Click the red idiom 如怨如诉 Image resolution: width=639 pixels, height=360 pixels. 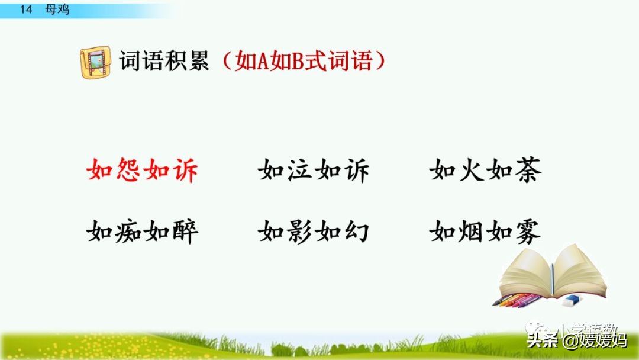(x=142, y=171)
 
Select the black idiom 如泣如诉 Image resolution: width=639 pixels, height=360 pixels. (x=314, y=171)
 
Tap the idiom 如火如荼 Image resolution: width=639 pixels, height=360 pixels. (x=485, y=171)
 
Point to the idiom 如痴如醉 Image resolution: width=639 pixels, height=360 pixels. (x=142, y=231)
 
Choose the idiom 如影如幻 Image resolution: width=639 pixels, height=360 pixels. (x=314, y=231)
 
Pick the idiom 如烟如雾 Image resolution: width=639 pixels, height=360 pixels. (x=485, y=231)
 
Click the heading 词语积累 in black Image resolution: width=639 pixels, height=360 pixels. (x=164, y=61)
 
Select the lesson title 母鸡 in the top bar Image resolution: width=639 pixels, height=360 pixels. (x=57, y=9)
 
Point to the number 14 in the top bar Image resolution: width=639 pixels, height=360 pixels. (x=25, y=9)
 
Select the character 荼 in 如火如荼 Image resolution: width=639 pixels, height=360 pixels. (x=527, y=171)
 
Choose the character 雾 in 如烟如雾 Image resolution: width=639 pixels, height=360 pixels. (x=527, y=231)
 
